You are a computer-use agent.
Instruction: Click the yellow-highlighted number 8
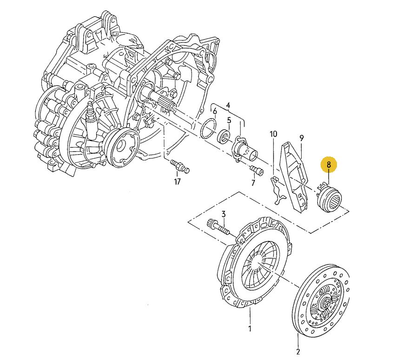329,164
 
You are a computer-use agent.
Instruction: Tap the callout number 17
178,182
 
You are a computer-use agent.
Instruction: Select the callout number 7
253,183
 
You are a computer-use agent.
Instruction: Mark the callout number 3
224,214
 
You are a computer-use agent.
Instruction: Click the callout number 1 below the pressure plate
250,328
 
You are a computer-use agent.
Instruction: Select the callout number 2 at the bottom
298,352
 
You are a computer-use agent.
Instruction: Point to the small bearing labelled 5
224,136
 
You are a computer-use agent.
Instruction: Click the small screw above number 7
257,170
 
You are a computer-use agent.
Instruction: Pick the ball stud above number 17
180,165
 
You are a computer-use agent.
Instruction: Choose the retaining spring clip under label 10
277,190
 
